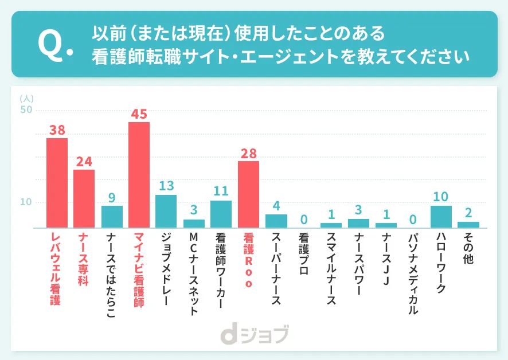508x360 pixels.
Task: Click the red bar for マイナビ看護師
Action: [x=139, y=175]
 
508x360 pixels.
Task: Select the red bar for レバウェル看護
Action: [x=57, y=183]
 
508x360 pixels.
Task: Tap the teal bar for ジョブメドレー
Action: [x=166, y=211]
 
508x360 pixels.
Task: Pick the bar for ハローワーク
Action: [x=441, y=217]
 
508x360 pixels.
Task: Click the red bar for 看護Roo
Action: [x=248, y=194]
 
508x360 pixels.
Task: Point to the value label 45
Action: [x=139, y=114]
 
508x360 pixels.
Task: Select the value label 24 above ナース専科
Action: [x=84, y=161]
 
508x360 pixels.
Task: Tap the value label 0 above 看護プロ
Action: [x=304, y=219]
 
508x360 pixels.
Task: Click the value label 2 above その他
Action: [x=468, y=213]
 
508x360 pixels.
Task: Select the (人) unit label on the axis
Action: [x=26, y=99]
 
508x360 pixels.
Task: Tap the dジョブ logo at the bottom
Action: [x=253, y=334]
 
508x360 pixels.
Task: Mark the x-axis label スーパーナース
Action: [x=276, y=267]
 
